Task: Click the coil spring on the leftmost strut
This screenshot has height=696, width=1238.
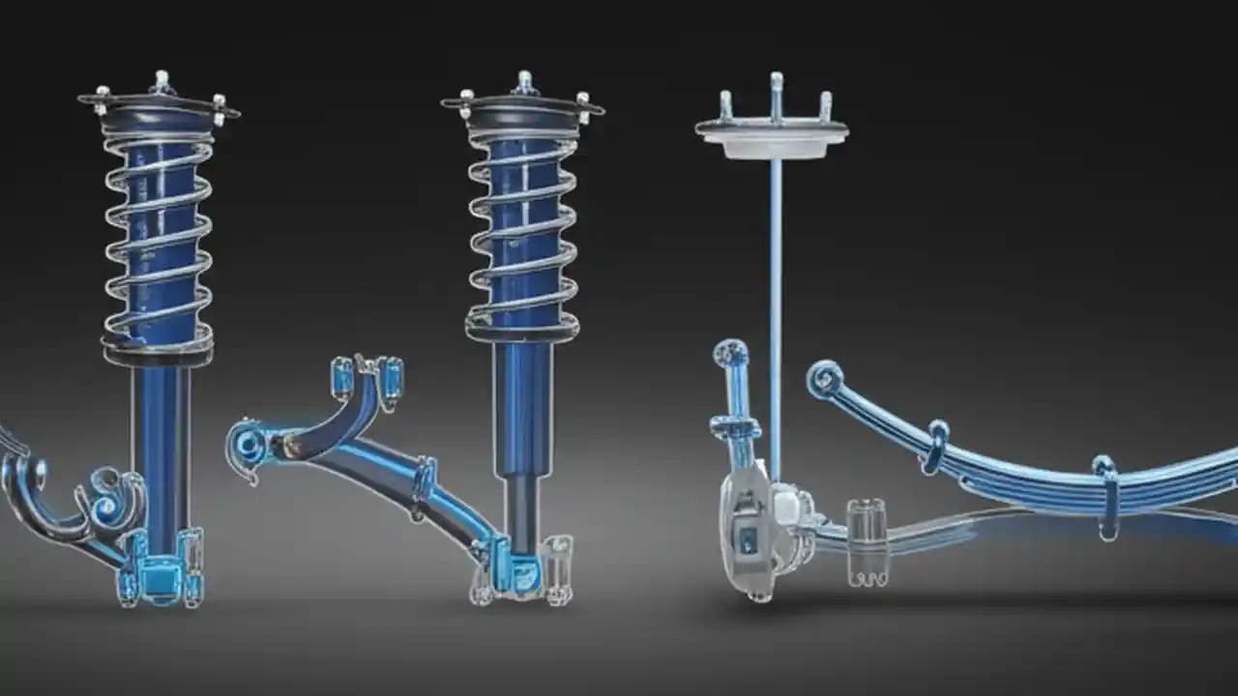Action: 158,242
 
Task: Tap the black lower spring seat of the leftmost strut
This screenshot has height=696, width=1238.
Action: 158,355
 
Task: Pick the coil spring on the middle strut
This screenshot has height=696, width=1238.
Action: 522,232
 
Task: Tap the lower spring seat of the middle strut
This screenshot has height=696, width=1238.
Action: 522,331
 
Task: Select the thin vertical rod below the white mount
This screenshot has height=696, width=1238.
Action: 775,290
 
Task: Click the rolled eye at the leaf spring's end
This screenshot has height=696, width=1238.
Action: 824,379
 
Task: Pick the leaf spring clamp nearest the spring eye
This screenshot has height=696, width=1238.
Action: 934,447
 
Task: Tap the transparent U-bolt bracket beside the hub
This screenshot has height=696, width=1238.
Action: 866,541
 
